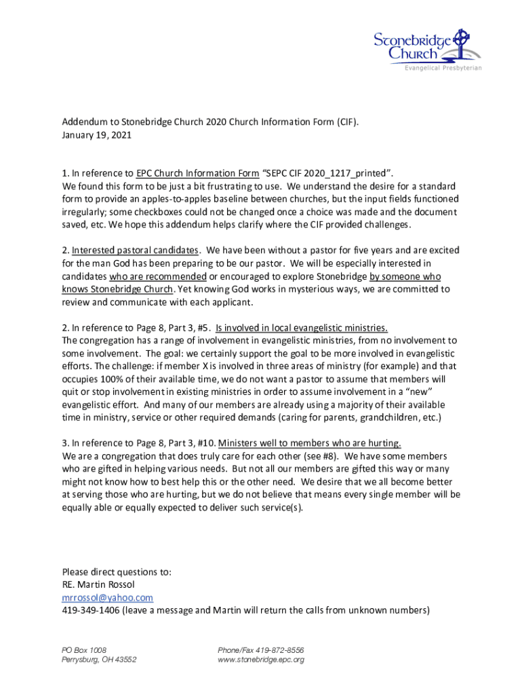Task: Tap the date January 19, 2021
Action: [96, 135]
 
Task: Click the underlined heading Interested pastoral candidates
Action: [136, 250]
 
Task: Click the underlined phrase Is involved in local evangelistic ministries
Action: [302, 328]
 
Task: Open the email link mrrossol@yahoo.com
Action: [107, 597]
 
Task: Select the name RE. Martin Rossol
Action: [98, 584]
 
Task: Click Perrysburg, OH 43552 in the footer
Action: [99, 659]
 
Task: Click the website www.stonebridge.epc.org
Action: [260, 659]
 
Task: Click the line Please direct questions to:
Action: [117, 571]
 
